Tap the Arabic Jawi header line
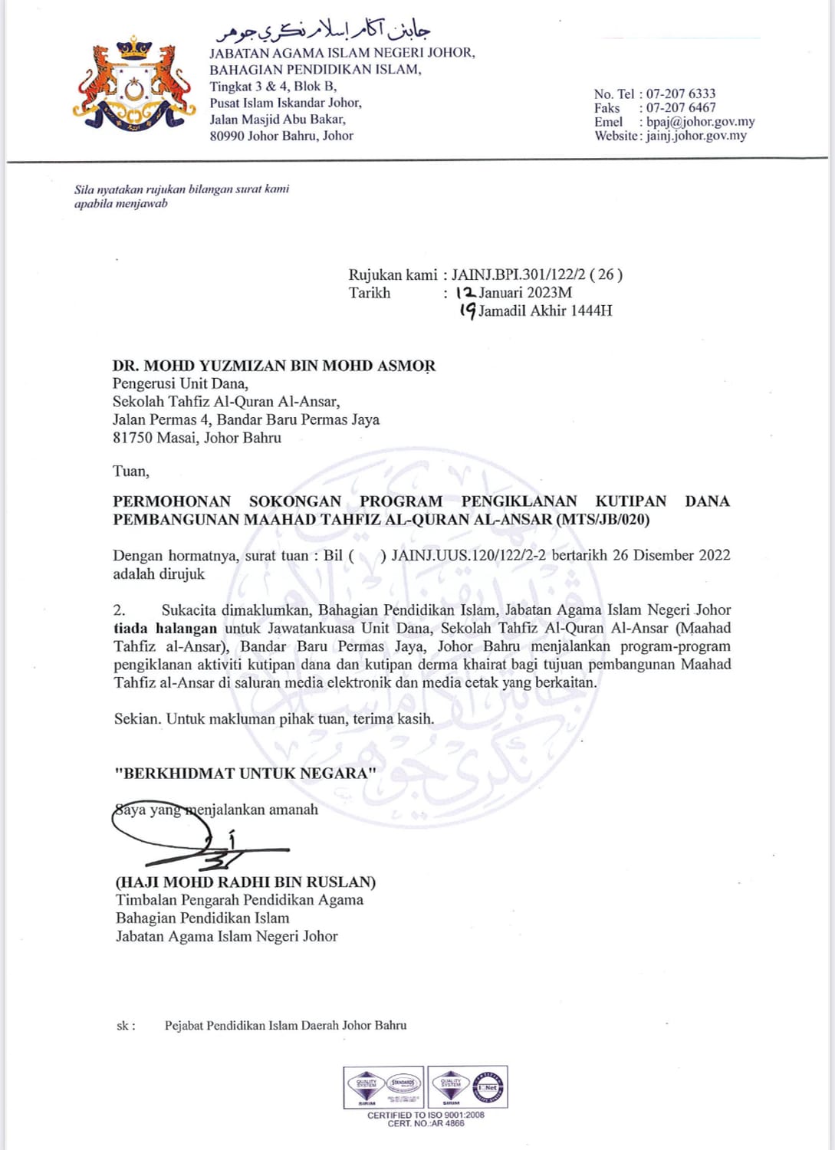pyautogui.click(x=323, y=31)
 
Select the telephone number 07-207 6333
pyautogui.click(x=680, y=94)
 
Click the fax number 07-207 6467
pyautogui.click(x=680, y=108)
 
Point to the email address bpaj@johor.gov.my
pyautogui.click(x=700, y=122)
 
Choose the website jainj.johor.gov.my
pyautogui.click(x=695, y=136)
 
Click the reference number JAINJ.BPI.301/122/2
pyautogui.click(x=521, y=274)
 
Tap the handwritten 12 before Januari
pyautogui.click(x=465, y=292)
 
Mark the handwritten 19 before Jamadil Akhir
pyautogui.click(x=467, y=310)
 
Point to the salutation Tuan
pyautogui.click(x=130, y=472)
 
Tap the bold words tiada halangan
pyautogui.click(x=165, y=629)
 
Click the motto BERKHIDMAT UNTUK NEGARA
pyautogui.click(x=245, y=773)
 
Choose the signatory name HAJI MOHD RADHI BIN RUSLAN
pyautogui.click(x=245, y=882)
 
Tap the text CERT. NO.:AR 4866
pyautogui.click(x=426, y=1123)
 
